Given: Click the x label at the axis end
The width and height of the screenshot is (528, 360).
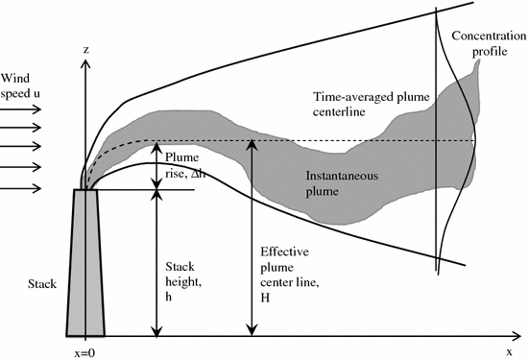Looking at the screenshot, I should (510, 351).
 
